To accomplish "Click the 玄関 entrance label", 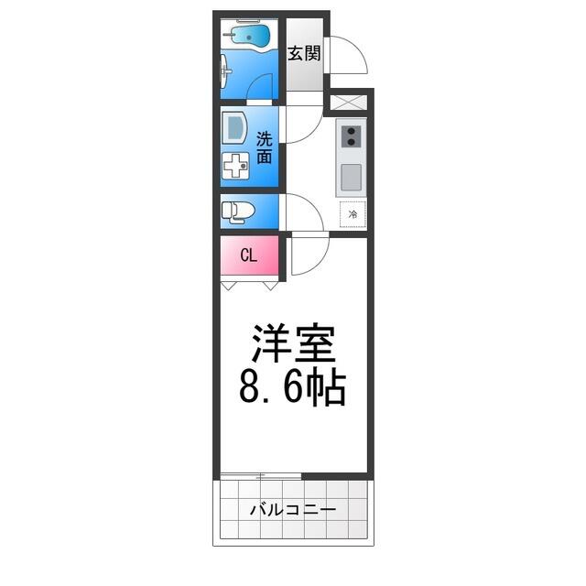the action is pyautogui.click(x=304, y=53).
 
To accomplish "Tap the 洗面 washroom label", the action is pyautogui.click(x=265, y=148).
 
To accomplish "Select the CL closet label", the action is pyautogui.click(x=249, y=255).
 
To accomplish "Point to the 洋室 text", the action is pyautogui.click(x=294, y=343).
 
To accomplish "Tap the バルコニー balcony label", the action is pyautogui.click(x=293, y=510).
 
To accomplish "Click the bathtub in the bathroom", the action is pyautogui.click(x=246, y=36).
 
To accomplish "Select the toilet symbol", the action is pyautogui.click(x=238, y=212).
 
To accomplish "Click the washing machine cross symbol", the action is pyautogui.click(x=235, y=166).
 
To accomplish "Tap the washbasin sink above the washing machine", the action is pyautogui.click(x=234, y=128).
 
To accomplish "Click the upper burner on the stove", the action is pyautogui.click(x=351, y=131).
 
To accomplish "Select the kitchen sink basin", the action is pyautogui.click(x=352, y=177).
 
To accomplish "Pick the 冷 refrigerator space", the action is pyautogui.click(x=353, y=214).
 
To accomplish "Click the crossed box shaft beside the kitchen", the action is pyautogui.click(x=349, y=103).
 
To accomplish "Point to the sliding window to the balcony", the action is pyautogui.click(x=260, y=476).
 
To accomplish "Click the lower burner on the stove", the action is pyautogui.click(x=351, y=142).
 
